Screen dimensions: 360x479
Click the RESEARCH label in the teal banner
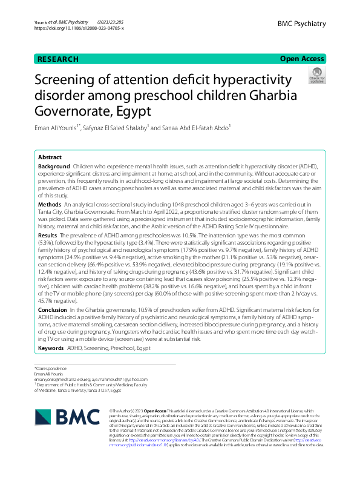tap(58, 59)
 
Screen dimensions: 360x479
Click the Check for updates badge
tap(316, 77)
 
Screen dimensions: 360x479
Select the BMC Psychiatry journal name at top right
tap(301, 24)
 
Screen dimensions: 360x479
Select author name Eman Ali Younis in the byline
tap(58, 128)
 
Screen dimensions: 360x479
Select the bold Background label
tap(54, 166)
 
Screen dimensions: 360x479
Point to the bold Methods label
tap(49, 206)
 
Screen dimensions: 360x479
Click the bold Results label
tap(47, 234)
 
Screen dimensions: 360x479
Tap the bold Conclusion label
tap(53, 309)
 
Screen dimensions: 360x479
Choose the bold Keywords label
tap(51, 349)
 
